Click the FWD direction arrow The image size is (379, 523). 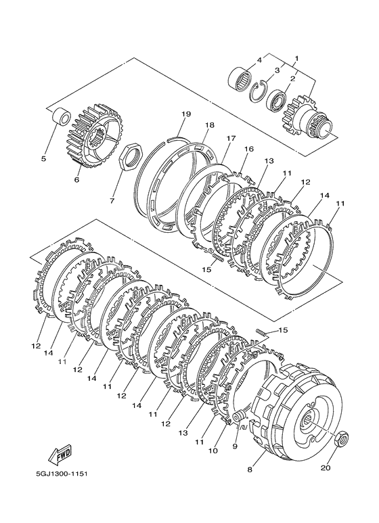61,455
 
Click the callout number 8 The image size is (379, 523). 250,470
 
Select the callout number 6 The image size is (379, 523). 76,180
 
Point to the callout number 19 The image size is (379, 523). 186,114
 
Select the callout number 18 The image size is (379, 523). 210,124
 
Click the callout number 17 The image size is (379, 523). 231,137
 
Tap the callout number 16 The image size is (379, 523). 249,149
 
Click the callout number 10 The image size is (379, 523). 213,451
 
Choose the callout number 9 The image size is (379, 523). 235,447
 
